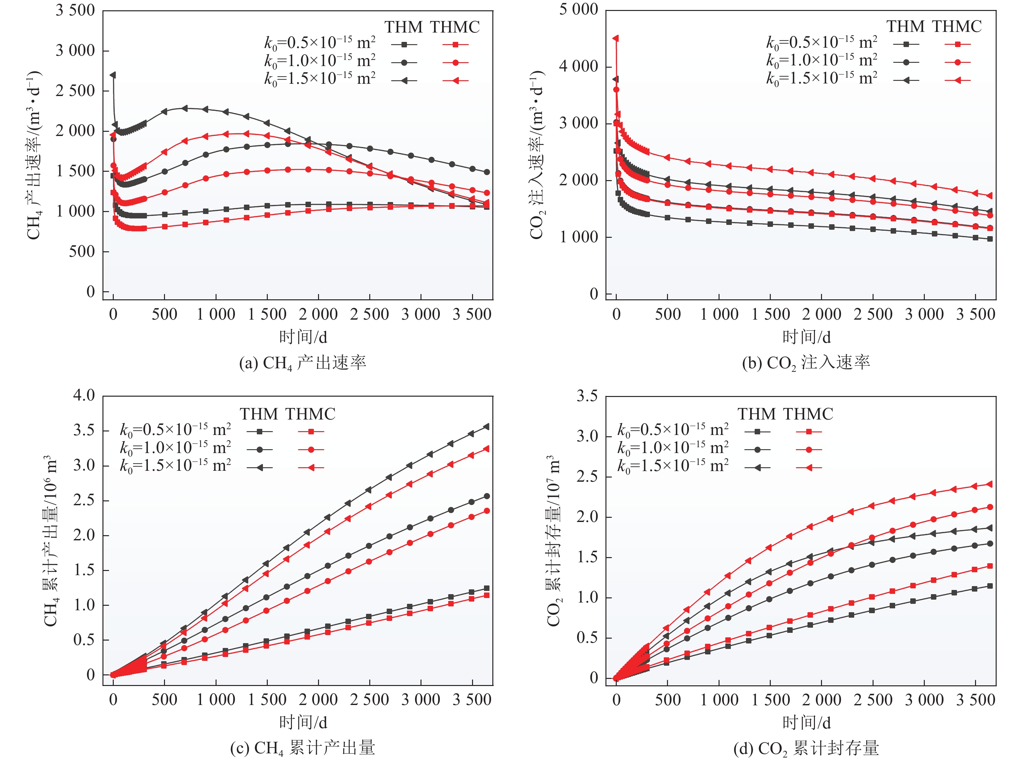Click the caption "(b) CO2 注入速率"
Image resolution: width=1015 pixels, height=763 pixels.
806,363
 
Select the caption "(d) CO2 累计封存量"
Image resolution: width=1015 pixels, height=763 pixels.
806,748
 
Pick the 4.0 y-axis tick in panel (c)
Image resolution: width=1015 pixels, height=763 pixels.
84,395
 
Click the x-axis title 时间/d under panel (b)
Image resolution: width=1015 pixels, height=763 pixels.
806,337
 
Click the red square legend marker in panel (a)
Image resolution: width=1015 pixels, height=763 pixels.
455,44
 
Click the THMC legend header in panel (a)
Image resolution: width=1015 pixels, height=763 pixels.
455,27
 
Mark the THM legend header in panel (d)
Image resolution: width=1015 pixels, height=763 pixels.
756,414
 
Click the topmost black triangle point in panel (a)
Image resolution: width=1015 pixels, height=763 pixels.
113,75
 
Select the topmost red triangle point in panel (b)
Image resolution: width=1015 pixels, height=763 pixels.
616,39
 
